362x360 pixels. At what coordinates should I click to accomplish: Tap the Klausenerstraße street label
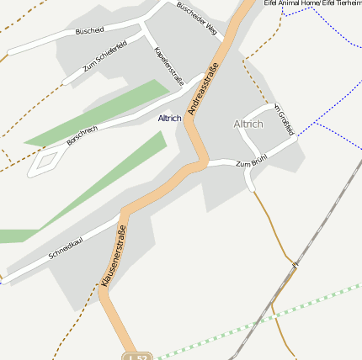point(114,257)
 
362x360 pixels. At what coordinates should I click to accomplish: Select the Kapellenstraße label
point(168,66)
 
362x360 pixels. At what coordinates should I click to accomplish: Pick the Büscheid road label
point(89,31)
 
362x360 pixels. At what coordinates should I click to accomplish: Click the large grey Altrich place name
point(248,124)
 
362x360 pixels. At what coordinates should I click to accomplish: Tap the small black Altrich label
point(169,119)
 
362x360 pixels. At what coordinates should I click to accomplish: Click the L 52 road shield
point(138,356)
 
